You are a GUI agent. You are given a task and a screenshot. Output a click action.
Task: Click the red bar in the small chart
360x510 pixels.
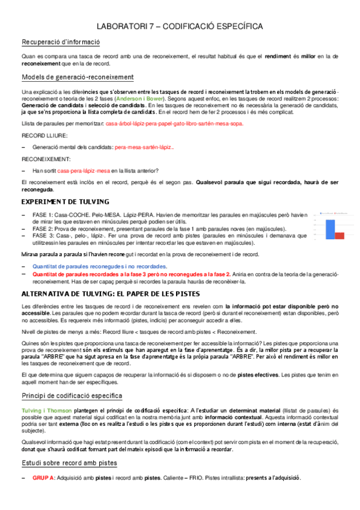340,235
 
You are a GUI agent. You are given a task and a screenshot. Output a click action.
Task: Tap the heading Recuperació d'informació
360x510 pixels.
61,42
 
